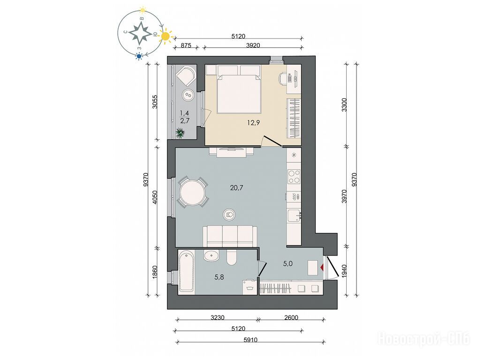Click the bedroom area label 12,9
coord(253,123)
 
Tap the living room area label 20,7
coord(236,187)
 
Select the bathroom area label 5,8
coord(220,277)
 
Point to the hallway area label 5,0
coord(288,263)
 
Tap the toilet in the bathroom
coord(232,257)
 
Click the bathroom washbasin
coord(211,256)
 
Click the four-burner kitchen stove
coord(294,176)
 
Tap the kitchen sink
coord(294,215)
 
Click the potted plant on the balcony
coord(180,133)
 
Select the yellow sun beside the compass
coord(166,36)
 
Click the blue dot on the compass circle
coord(139,56)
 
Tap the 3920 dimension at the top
coord(253,45)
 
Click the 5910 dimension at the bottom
coord(250,340)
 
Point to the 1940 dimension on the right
coord(344,270)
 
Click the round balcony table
coord(188,96)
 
